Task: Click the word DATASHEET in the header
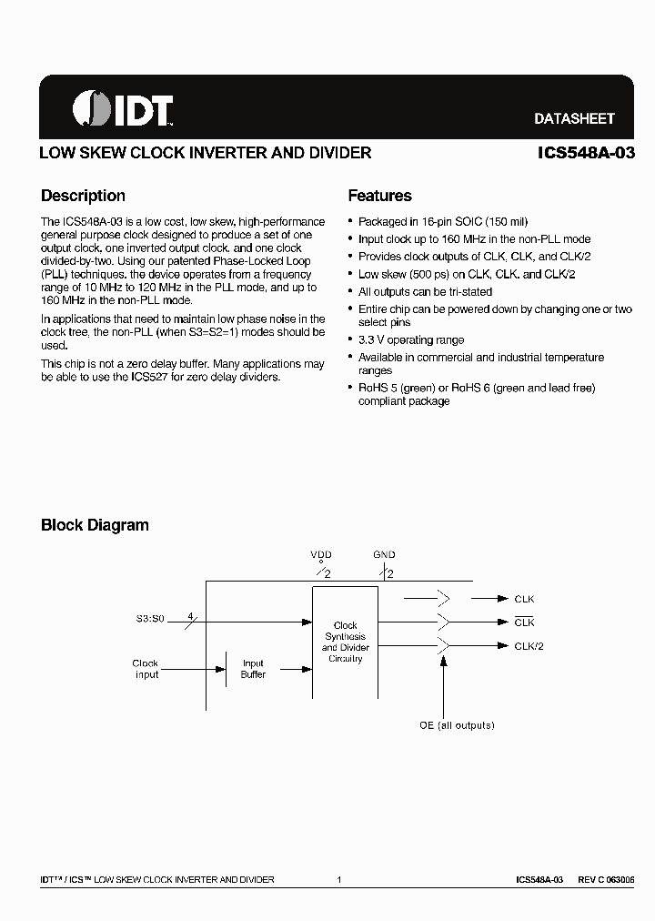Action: coord(574,118)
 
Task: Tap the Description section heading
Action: coord(84,196)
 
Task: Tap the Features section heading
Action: coord(380,196)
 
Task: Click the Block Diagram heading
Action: coord(95,525)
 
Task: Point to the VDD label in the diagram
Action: coord(321,554)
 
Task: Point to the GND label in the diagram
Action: coord(384,554)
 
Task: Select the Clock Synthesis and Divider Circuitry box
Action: coord(346,642)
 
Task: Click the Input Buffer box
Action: coord(253,669)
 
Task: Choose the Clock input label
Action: coord(146,669)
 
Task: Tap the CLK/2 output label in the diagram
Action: coord(529,646)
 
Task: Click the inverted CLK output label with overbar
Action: coord(525,622)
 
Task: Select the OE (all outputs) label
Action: coord(457,725)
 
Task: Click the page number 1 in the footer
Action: coord(338,880)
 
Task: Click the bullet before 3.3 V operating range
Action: coord(351,340)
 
